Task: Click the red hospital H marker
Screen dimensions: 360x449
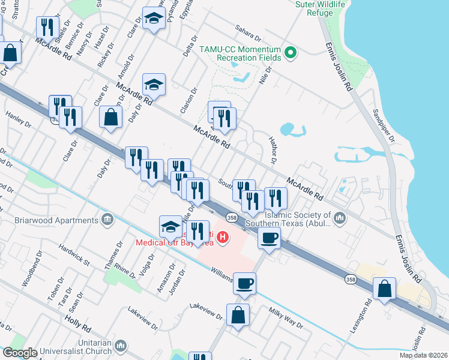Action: [x=223, y=238]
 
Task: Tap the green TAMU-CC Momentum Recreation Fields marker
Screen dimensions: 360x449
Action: [x=291, y=53]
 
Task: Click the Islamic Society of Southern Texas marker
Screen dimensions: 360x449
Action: [x=341, y=217]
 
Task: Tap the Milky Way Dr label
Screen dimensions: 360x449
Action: [x=286, y=317]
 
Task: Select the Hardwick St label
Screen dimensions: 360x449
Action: [x=74, y=254]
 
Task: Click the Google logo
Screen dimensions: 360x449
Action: [x=20, y=353]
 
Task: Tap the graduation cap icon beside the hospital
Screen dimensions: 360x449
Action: [x=170, y=226]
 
